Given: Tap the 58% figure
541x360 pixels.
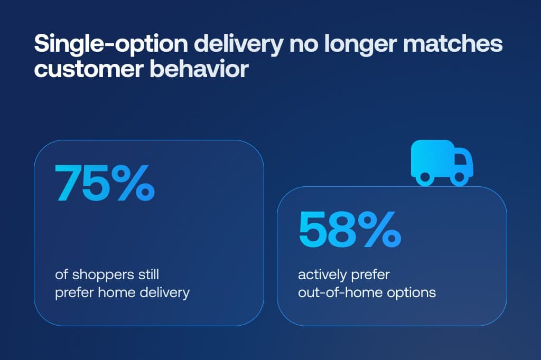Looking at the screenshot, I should (349, 229).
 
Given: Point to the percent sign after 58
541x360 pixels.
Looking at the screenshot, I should (377, 229).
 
